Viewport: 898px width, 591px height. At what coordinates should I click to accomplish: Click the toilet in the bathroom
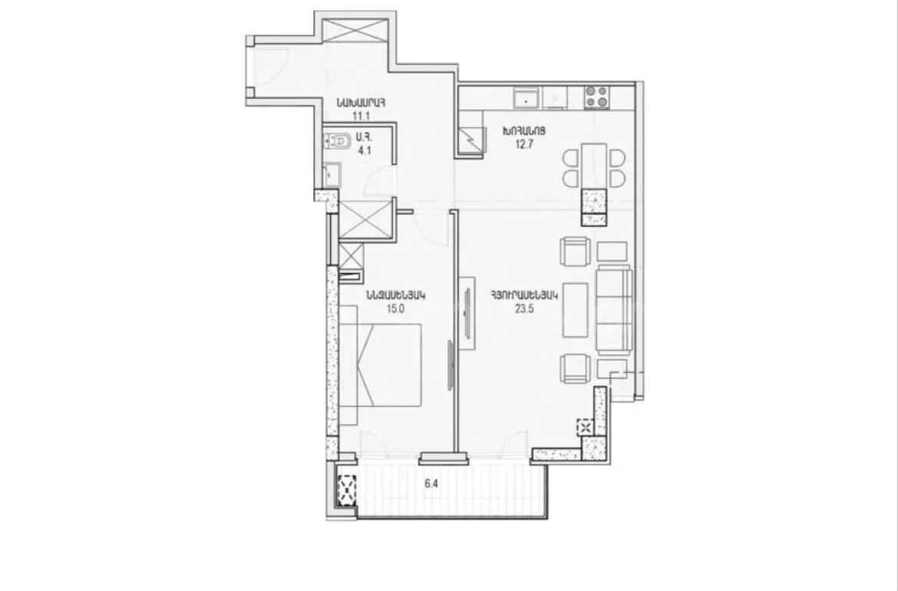pyautogui.click(x=337, y=141)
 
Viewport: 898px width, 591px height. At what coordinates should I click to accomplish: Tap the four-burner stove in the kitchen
pyautogui.click(x=596, y=97)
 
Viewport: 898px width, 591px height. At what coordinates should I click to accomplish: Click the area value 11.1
pyautogui.click(x=360, y=116)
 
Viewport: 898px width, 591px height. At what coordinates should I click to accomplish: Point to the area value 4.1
pyautogui.click(x=365, y=152)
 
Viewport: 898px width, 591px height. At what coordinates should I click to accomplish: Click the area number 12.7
pyautogui.click(x=524, y=144)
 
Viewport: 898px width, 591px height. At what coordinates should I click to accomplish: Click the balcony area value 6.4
pyautogui.click(x=431, y=484)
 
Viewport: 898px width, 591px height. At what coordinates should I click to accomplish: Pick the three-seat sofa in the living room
pyautogui.click(x=614, y=310)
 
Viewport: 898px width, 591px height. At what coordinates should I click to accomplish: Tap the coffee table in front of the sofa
pyautogui.click(x=576, y=310)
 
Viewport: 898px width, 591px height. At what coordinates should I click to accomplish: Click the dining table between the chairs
pyautogui.click(x=594, y=166)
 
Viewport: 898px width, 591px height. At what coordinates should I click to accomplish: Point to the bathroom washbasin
pyautogui.click(x=332, y=174)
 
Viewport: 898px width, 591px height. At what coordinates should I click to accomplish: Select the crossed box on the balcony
pyautogui.click(x=346, y=490)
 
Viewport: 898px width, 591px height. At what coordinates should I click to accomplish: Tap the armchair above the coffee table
pyautogui.click(x=576, y=252)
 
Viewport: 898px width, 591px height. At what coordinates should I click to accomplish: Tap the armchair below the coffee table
pyautogui.click(x=576, y=368)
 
